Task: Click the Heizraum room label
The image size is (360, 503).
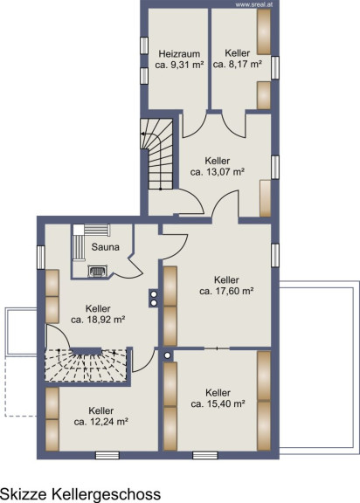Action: [179, 53]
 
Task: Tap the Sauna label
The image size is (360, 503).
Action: [105, 246]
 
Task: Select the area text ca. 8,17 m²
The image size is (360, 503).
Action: [238, 64]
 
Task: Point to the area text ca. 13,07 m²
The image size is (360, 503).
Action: [218, 172]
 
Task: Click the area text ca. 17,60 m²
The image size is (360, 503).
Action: [226, 292]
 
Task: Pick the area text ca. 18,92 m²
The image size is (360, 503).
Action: [98, 320]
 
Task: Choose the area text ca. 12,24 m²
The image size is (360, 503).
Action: [101, 422]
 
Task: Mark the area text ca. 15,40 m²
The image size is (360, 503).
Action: [218, 403]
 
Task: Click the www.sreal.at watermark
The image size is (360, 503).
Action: [253, 4]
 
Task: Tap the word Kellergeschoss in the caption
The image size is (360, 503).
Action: [107, 493]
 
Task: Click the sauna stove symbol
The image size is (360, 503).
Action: [98, 271]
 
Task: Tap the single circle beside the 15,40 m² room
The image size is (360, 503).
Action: [167, 355]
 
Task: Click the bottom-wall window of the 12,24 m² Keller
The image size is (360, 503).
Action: [107, 455]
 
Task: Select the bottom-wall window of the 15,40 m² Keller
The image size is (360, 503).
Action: [205, 455]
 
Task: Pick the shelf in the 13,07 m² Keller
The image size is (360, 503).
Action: [265, 198]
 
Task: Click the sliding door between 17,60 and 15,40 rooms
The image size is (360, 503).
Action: [218, 348]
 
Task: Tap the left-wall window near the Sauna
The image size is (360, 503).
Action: [41, 258]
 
